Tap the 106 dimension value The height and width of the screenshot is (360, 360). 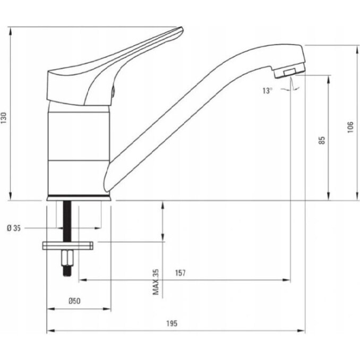pos(350,127)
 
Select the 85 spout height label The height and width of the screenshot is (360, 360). pos(322,140)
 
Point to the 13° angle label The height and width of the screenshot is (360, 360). pos(268,90)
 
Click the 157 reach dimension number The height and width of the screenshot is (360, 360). pos(180,273)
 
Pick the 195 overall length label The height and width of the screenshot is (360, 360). pos(172,323)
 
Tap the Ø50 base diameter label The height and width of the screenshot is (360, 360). pos(75,301)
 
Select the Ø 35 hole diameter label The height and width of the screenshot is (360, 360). pos(14,228)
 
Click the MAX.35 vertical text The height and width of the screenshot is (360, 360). pos(156,282)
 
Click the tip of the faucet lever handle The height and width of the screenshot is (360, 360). pos(182,28)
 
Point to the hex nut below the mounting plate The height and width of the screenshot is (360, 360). pos(67,258)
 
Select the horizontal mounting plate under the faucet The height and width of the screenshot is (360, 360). pos(68,245)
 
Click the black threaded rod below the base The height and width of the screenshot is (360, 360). pos(67,221)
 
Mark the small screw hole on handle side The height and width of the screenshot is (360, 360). pos(113,91)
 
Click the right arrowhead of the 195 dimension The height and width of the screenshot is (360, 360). pos(302,331)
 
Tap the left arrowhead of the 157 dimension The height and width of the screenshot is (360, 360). pos(83,280)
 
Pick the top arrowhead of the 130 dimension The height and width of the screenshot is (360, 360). pos(10,31)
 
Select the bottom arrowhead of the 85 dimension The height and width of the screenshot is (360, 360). pos(329,196)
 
